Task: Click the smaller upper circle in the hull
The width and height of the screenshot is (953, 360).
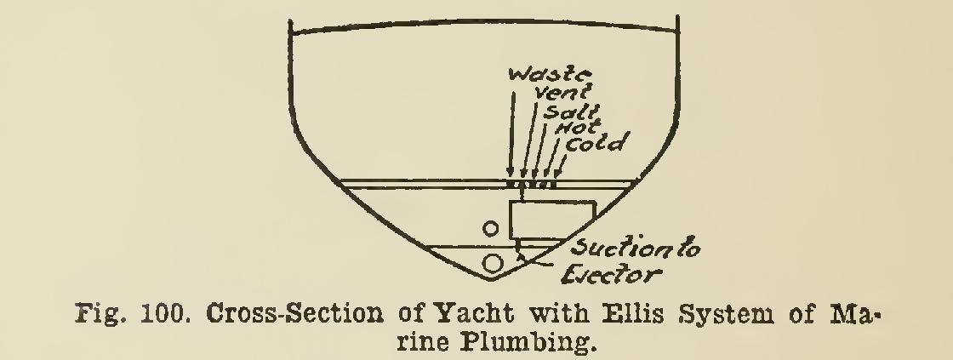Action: (x=489, y=228)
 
